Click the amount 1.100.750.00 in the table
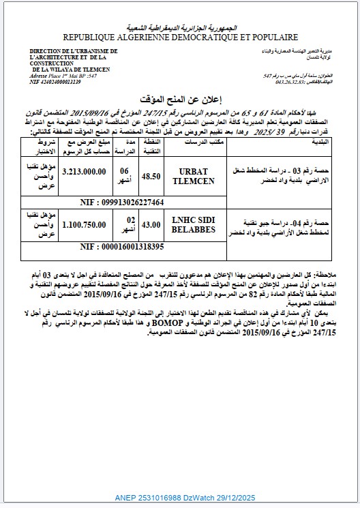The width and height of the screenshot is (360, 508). coord(83,222)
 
